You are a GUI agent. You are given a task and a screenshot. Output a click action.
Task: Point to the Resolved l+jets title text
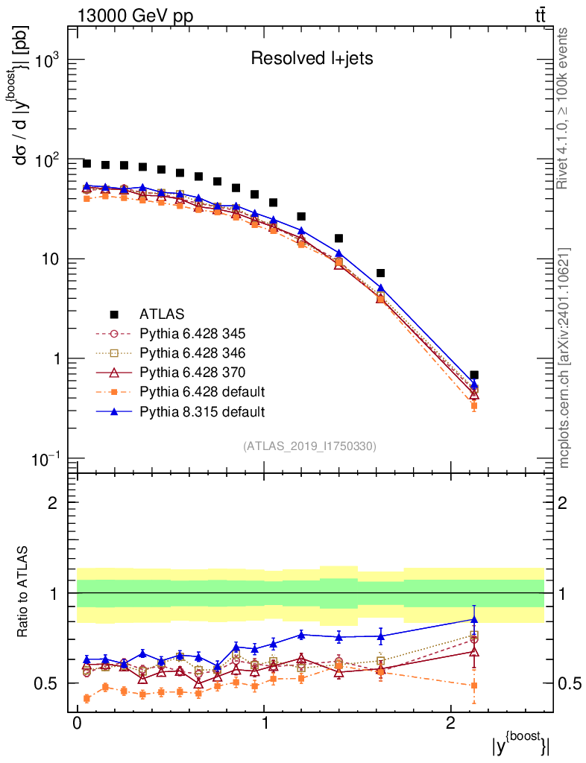[311, 59]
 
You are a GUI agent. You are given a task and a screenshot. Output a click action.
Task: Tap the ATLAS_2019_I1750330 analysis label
[309, 446]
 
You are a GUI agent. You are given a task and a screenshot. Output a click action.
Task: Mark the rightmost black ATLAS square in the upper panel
[474, 375]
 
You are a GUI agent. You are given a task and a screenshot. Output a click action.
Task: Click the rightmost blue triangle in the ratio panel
[474, 619]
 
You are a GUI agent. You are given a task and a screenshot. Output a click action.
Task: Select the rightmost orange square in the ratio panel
[474, 686]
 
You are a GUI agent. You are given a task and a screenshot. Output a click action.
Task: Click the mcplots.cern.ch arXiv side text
[564, 358]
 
